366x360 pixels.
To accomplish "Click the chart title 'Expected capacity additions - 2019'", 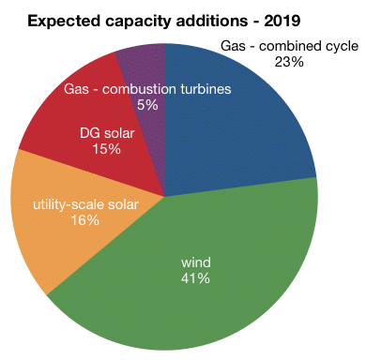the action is point(164,22).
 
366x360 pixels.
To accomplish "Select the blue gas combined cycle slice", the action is point(232,131).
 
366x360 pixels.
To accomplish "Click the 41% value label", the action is point(195,278).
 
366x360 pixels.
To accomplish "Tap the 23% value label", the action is point(289,62).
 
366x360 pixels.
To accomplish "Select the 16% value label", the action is point(85,220).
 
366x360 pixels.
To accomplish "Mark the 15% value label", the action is point(106,149).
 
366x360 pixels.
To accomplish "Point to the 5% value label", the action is point(147,105).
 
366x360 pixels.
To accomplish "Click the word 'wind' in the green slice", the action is point(196,262).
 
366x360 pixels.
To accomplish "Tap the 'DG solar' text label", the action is point(107,133).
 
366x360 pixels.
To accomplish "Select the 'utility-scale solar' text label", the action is point(85,204).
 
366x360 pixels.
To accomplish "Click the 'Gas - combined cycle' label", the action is point(289,46).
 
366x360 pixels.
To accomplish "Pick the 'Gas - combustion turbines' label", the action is point(147,89).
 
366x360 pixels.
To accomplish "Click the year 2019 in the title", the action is point(282,21).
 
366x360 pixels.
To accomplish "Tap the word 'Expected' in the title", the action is point(64,22).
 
